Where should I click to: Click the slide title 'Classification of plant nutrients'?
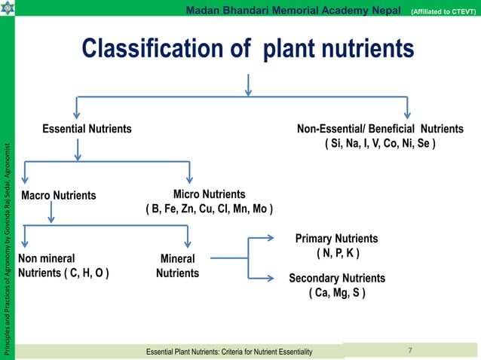click(248, 49)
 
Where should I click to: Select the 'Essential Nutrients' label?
click(87, 129)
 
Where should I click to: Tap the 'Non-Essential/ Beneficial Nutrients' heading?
click(381, 129)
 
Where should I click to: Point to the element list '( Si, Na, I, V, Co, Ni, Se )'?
click(380, 143)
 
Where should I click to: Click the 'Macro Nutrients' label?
click(59, 196)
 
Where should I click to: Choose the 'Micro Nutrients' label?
click(210, 194)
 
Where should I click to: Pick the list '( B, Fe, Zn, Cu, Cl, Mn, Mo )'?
click(210, 209)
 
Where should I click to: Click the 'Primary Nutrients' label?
click(336, 238)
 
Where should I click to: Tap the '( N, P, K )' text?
click(337, 252)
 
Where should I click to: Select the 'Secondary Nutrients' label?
click(337, 279)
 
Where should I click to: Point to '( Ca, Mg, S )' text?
click(337, 293)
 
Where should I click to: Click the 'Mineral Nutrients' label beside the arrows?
click(177, 266)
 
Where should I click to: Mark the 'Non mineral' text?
click(46, 258)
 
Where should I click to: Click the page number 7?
click(409, 350)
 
